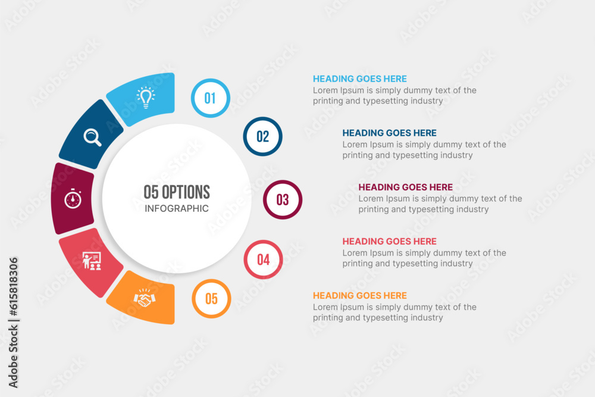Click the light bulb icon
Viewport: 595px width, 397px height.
[146, 98]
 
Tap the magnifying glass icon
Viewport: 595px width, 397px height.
[92, 137]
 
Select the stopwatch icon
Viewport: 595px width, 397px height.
[73, 198]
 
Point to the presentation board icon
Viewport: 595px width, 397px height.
[92, 261]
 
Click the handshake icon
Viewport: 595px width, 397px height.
[144, 298]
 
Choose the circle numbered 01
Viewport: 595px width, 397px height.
[210, 98]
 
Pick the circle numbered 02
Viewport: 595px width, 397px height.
[262, 136]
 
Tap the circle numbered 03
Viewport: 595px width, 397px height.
[283, 199]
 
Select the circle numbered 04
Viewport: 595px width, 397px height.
[264, 260]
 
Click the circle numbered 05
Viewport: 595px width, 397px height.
[211, 299]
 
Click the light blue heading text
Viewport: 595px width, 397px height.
[360, 79]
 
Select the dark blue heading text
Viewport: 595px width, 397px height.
[389, 133]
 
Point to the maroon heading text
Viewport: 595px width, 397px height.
[405, 187]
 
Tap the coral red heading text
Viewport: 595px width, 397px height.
[389, 242]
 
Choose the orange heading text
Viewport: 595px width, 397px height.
[360, 295]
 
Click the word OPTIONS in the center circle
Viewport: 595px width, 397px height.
[186, 192]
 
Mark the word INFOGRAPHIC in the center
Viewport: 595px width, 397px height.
[177, 208]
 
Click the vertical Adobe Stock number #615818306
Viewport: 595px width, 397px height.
[13, 286]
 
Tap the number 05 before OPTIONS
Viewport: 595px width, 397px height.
[151, 192]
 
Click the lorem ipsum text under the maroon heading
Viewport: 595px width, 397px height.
[440, 204]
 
